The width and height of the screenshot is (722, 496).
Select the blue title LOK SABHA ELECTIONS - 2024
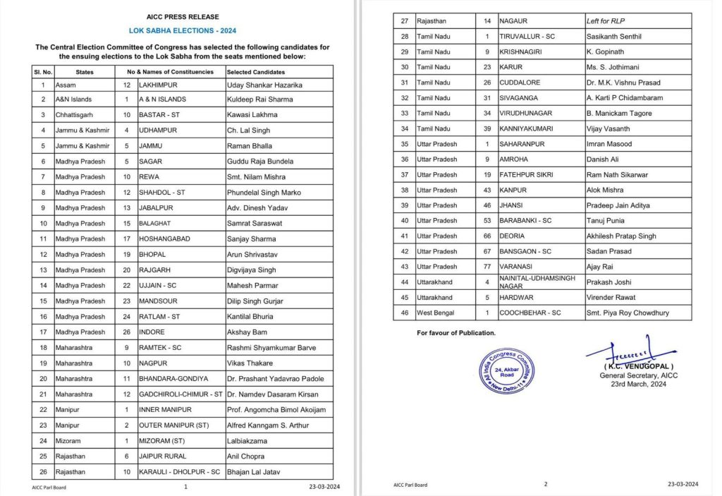[x=183, y=32]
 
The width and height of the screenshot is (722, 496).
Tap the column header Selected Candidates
[x=255, y=72]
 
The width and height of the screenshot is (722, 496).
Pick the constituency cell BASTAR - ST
[x=159, y=115]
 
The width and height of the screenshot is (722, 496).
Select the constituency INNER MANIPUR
[x=169, y=410]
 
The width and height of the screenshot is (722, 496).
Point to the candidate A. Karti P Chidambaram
[x=629, y=98]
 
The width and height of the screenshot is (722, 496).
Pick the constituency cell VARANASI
[x=517, y=267]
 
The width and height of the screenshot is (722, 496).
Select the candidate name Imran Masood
[x=609, y=144]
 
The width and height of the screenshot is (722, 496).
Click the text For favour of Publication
[x=456, y=332]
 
